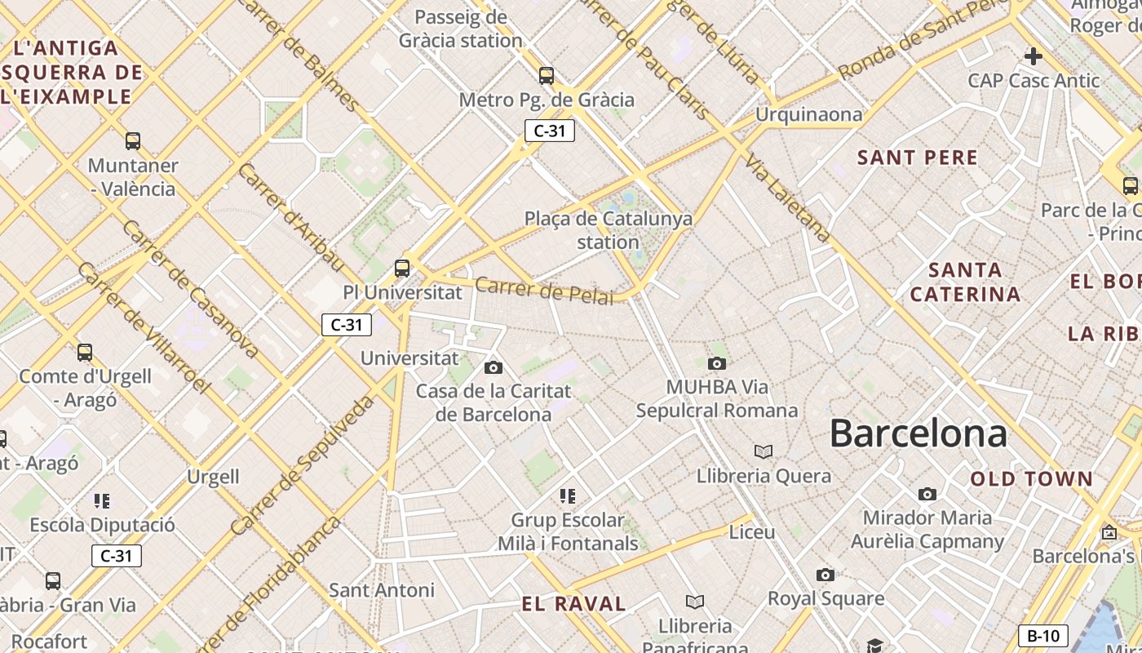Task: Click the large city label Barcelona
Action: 918,433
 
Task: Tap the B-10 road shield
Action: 1043,636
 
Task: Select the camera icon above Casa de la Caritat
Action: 494,367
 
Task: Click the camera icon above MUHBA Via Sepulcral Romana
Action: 717,363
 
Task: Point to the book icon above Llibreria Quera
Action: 764,451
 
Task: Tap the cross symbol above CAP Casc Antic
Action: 1034,56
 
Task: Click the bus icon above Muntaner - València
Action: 133,141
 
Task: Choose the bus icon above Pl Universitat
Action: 401,268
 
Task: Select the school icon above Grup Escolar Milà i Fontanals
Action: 568,495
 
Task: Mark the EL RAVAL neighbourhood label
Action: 574,604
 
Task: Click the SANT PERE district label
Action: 918,158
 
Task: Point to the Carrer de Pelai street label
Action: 543,291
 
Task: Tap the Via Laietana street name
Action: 787,197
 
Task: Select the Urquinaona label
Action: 808,114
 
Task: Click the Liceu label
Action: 752,532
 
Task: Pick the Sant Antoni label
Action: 382,589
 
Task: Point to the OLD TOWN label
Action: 1031,478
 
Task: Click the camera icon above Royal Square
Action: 826,575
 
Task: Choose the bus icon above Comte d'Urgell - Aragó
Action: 85,353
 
